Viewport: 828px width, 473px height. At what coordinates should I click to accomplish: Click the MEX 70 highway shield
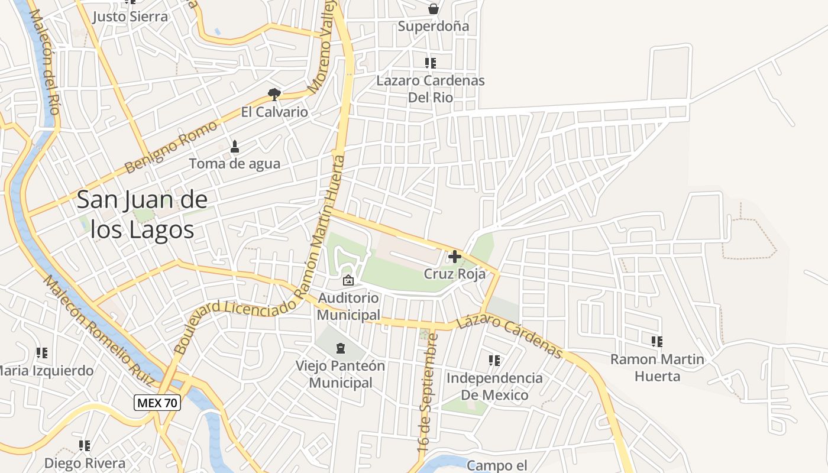pyautogui.click(x=157, y=403)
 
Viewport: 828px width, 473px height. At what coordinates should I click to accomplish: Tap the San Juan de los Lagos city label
pyautogui.click(x=143, y=215)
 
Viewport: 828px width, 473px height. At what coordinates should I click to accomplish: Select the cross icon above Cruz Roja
pyautogui.click(x=455, y=257)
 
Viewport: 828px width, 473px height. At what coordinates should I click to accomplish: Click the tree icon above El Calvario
pyautogui.click(x=274, y=94)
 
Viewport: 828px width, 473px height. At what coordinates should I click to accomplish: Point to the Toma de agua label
pyautogui.click(x=234, y=164)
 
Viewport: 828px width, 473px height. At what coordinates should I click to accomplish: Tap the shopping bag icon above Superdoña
pyautogui.click(x=434, y=9)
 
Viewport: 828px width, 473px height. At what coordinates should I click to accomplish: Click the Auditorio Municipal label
pyautogui.click(x=348, y=306)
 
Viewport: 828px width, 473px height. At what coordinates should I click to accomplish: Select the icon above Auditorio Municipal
pyautogui.click(x=348, y=280)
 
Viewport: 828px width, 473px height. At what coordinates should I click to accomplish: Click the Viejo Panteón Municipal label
pyautogui.click(x=341, y=374)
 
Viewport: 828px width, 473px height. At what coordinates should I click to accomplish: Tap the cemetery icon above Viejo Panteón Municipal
pyautogui.click(x=340, y=348)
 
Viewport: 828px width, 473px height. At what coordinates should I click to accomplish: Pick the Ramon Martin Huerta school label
pyautogui.click(x=657, y=367)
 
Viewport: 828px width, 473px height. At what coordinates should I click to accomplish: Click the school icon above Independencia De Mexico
pyautogui.click(x=494, y=360)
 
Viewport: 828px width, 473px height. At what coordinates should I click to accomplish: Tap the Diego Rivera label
pyautogui.click(x=85, y=463)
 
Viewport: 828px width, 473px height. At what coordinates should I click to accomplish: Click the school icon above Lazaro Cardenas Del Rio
pyautogui.click(x=431, y=63)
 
